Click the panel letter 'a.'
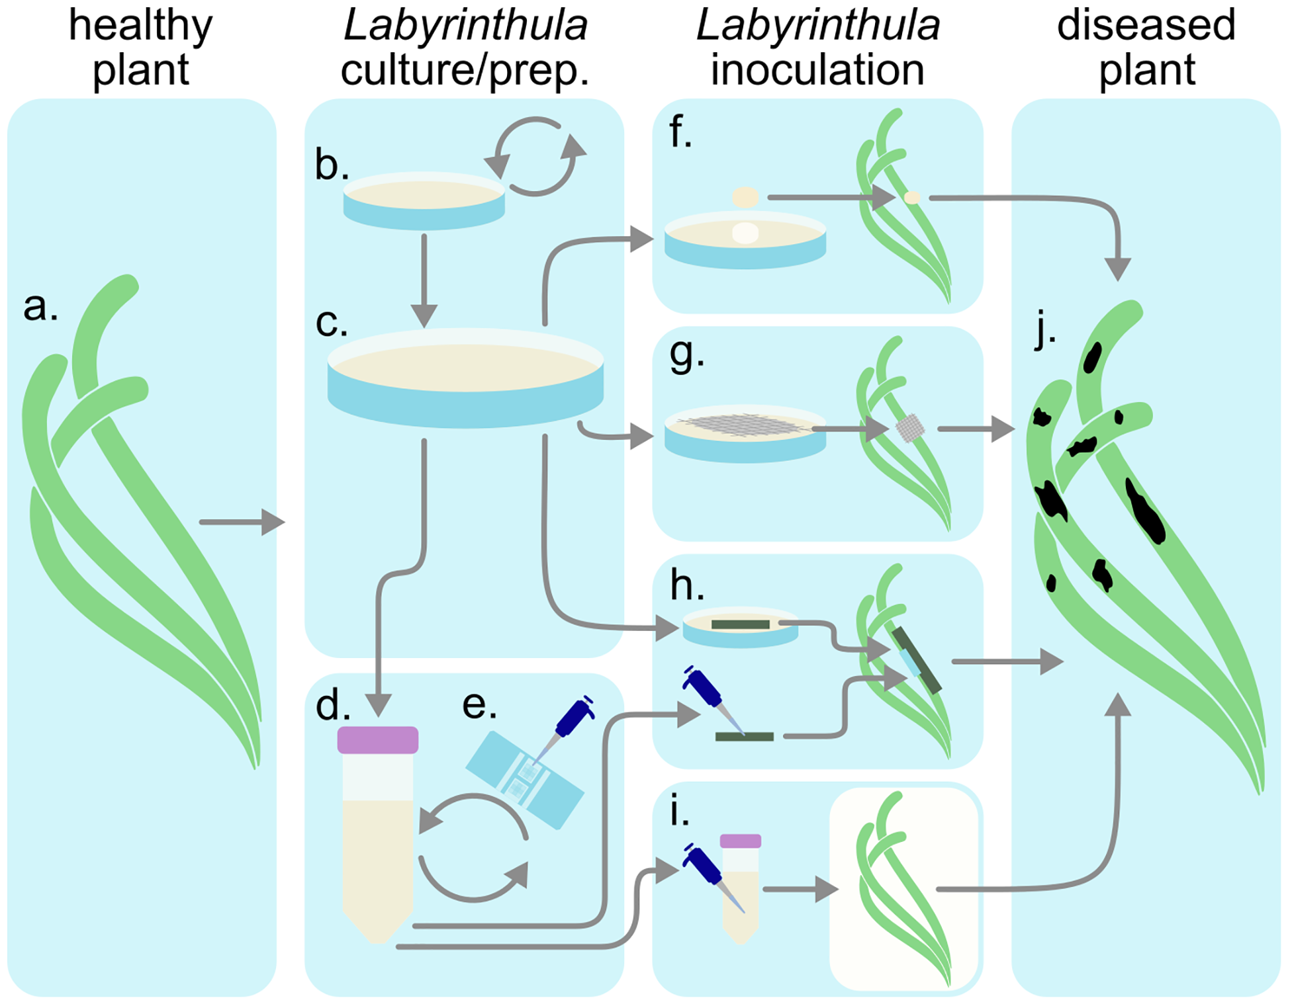tap(40, 307)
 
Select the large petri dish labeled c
tap(465, 378)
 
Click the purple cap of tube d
tap(377, 740)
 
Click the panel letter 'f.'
tap(680, 132)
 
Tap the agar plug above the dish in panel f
tap(745, 197)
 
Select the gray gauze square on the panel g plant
tap(910, 428)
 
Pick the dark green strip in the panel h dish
tap(740, 624)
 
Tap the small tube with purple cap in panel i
tap(741, 886)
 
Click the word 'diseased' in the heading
tap(1146, 25)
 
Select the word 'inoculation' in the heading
tap(817, 70)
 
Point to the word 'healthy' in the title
tap(140, 25)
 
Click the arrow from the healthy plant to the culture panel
tap(242, 522)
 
